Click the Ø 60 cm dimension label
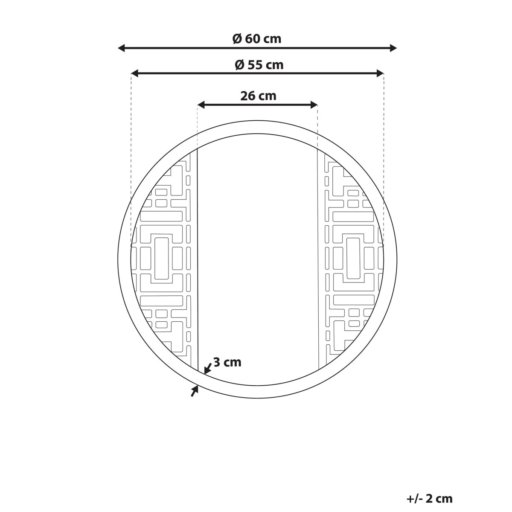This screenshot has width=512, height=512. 257,39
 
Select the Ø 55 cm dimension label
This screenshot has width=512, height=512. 259,65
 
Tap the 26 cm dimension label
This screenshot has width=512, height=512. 258,96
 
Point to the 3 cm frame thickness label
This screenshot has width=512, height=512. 227,362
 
